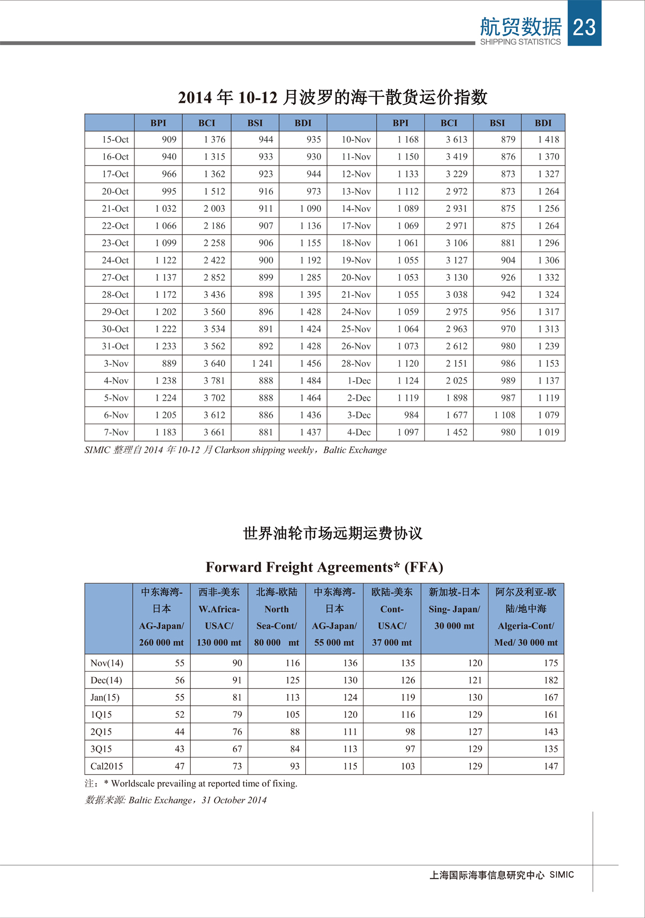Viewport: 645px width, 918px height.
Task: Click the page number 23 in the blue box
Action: click(584, 27)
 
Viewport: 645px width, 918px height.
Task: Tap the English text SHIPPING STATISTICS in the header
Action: click(520, 42)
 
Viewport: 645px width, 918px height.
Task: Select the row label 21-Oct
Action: click(115, 209)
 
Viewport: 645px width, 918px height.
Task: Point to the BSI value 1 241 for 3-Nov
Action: click(262, 364)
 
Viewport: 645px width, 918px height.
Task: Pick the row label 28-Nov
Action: click(356, 364)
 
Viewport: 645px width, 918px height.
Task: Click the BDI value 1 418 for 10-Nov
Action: click(548, 140)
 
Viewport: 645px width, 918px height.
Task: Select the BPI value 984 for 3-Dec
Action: click(411, 415)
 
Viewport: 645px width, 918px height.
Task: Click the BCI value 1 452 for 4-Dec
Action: click(456, 432)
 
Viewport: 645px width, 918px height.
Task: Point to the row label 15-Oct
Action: click(115, 140)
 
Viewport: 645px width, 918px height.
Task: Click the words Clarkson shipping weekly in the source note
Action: click(264, 450)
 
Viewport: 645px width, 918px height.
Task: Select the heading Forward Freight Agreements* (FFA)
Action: click(324, 567)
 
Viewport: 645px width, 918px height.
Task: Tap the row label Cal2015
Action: click(106, 766)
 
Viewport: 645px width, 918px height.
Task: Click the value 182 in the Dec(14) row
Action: click(550, 680)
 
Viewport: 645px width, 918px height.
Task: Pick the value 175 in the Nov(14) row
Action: click(550, 663)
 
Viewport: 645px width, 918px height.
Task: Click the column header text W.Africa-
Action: click(219, 609)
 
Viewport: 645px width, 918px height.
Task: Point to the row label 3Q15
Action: click(101, 749)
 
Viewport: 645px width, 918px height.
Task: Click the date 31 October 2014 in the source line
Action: click(234, 800)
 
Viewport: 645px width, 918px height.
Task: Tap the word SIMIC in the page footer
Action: click(562, 875)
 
